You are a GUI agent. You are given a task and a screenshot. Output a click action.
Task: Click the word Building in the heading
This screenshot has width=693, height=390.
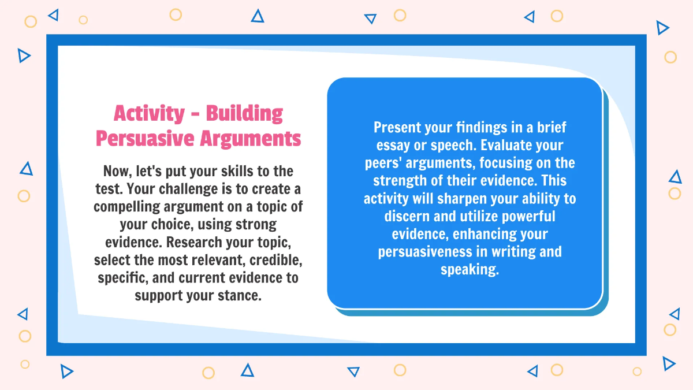click(x=244, y=113)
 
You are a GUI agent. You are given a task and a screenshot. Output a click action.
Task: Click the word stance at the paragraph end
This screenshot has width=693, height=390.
click(x=241, y=295)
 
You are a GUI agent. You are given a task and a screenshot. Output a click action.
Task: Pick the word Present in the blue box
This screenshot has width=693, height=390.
click(x=395, y=127)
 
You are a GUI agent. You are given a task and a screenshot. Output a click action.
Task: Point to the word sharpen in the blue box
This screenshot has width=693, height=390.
click(x=461, y=199)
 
